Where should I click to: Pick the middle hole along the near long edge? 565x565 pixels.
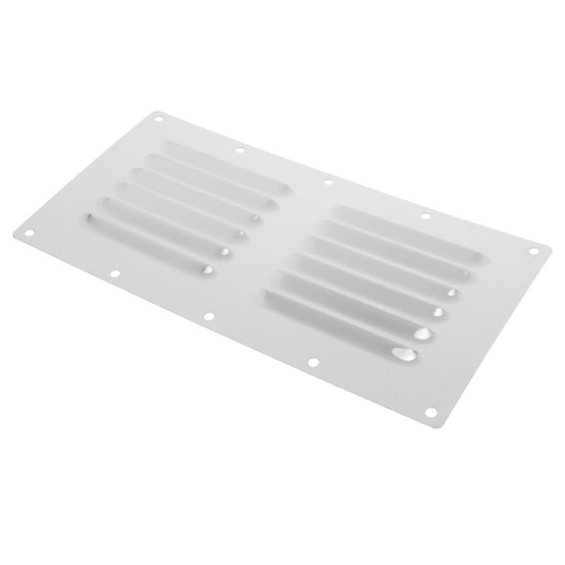coord(207,316)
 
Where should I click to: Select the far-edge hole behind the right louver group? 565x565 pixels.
coord(425,216)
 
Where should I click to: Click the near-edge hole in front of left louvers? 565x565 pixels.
coord(115,274)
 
